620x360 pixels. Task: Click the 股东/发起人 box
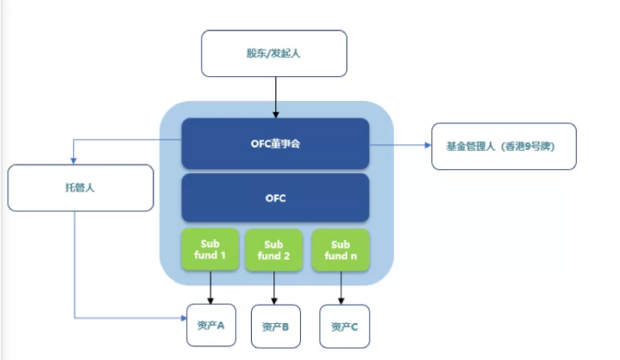click(274, 54)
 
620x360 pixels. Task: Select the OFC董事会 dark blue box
click(275, 144)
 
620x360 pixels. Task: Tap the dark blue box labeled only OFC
click(275, 197)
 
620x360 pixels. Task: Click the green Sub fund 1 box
click(210, 249)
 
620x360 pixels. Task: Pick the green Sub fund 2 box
click(274, 250)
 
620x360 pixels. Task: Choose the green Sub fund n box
click(340, 250)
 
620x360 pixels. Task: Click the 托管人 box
click(81, 188)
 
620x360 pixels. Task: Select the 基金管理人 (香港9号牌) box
click(504, 146)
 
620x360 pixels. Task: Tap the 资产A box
click(211, 325)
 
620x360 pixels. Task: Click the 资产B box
click(276, 326)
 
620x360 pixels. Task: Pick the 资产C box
click(344, 326)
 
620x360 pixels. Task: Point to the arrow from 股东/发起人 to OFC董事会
click(276, 97)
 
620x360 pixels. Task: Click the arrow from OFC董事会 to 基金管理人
click(400, 145)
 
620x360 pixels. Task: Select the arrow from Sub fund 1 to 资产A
click(210, 287)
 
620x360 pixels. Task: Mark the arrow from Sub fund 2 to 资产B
click(274, 288)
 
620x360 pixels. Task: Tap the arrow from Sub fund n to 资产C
click(341, 288)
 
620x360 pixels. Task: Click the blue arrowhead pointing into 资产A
click(184, 318)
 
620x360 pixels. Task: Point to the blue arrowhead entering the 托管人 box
click(73, 161)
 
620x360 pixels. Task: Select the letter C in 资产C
click(355, 327)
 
